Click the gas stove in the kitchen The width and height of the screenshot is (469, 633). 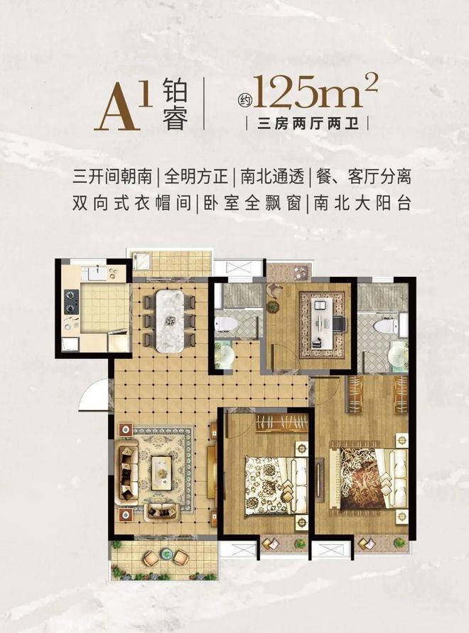pos(71,302)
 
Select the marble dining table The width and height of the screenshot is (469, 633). pos(171,311)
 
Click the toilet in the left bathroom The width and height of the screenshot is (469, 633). pos(227,323)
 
